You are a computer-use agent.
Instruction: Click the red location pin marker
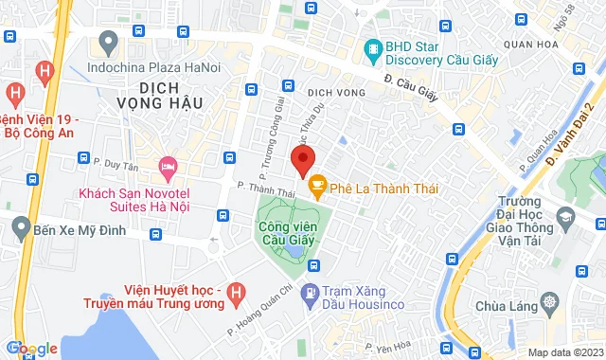[x=302, y=160]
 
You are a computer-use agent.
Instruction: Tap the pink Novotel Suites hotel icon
[x=168, y=169]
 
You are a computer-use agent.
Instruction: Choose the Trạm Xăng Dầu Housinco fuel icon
[x=309, y=295]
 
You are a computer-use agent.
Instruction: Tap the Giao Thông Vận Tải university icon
[x=564, y=218]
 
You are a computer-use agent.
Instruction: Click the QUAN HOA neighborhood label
[x=530, y=43]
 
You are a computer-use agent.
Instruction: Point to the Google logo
[x=30, y=349]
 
